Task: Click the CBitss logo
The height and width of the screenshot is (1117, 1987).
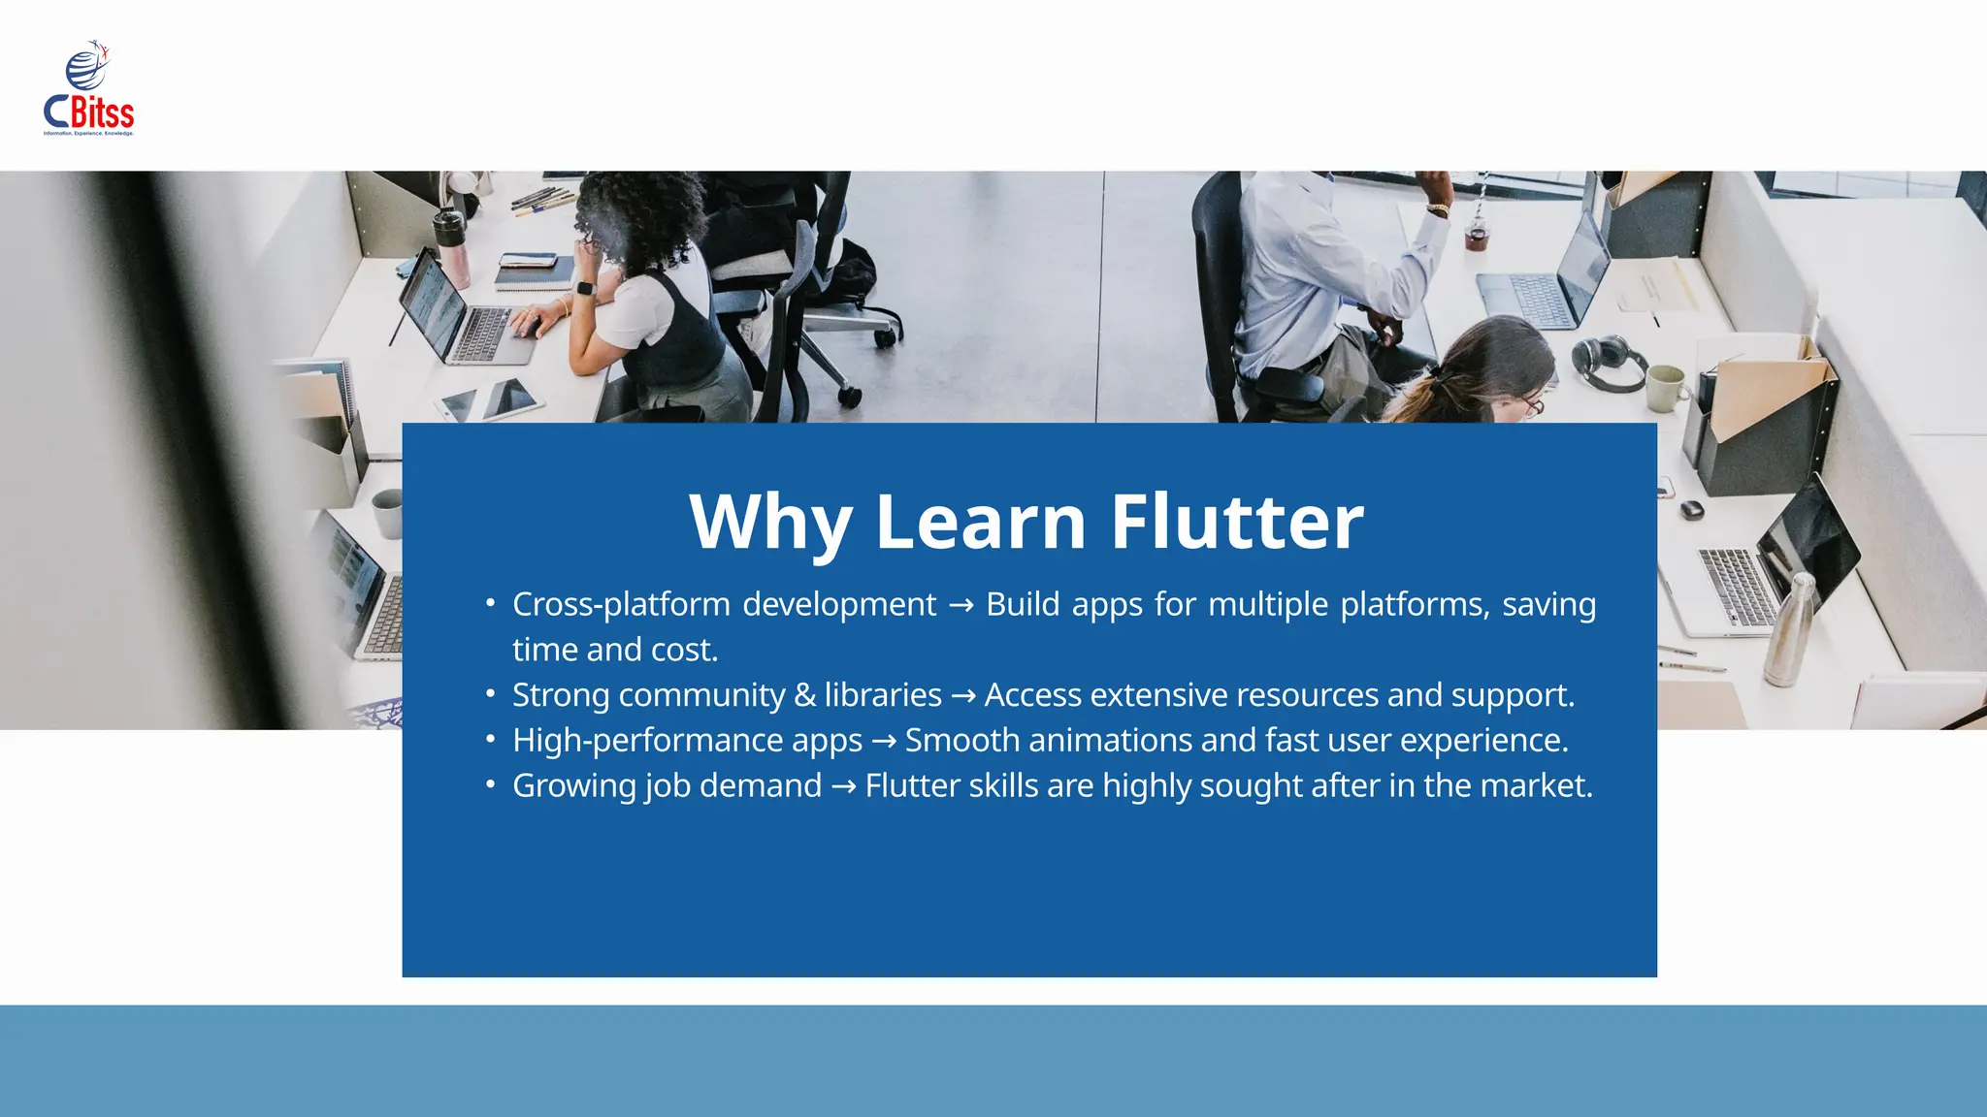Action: (x=88, y=89)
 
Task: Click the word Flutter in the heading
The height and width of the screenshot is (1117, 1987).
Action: (x=1236, y=522)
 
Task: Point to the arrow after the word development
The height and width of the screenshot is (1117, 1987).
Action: (x=961, y=606)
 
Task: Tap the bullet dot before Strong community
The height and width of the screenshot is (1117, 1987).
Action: (x=491, y=694)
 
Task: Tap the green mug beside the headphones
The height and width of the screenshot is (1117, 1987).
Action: (x=1666, y=388)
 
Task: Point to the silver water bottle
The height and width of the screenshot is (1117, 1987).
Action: (x=1788, y=630)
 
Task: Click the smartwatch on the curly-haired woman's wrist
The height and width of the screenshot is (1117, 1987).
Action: (x=584, y=288)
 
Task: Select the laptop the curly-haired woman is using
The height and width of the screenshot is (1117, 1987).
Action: (x=456, y=310)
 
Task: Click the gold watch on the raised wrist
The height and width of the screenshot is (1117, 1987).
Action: (x=1438, y=208)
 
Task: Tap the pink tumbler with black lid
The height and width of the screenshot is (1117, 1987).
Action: (x=452, y=247)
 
